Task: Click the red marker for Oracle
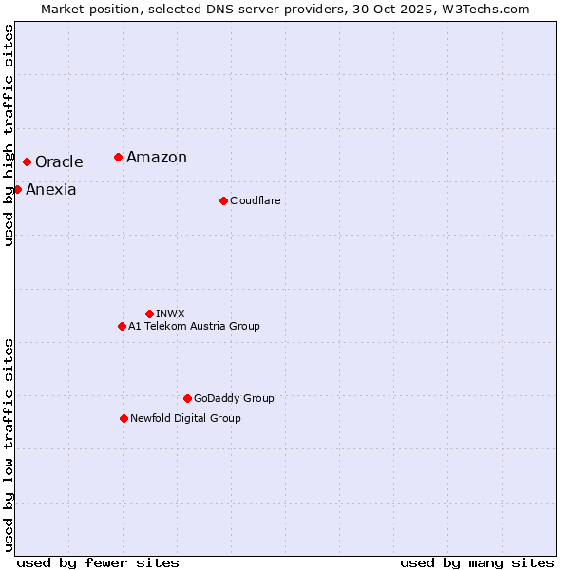[27, 162]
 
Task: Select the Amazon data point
[118, 157]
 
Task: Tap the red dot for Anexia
[17, 190]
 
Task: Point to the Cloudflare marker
[223, 200]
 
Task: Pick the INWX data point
[149, 313]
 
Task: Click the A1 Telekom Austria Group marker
[122, 326]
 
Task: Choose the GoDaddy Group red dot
[187, 398]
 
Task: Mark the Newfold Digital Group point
[123, 418]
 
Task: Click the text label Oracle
[59, 162]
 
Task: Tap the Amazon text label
[157, 158]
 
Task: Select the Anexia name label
[51, 190]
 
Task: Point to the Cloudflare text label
[256, 200]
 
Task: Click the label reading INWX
[170, 313]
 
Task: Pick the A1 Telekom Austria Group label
[194, 326]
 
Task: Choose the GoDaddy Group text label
[234, 398]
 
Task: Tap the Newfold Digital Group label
[185, 418]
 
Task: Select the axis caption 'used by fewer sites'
[98, 562]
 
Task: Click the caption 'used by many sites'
[477, 562]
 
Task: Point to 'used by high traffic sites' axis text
[9, 135]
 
